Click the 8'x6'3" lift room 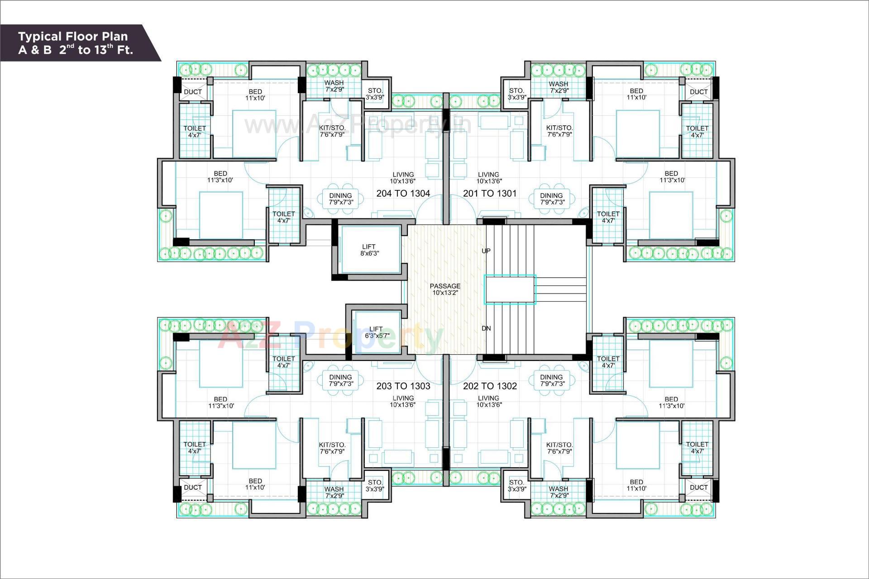[370, 250]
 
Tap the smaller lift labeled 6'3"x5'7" [377, 332]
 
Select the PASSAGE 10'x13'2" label [445, 289]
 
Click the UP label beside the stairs [486, 251]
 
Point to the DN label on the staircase [486, 328]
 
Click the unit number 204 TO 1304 [403, 194]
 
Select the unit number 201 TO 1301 [489, 194]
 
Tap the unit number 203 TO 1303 [403, 386]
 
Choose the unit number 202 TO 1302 [490, 386]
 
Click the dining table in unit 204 [340, 199]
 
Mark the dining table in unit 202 [551, 380]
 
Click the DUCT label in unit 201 [698, 92]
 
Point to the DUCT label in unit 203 [193, 488]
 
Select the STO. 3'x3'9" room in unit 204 [375, 94]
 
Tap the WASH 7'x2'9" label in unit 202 [558, 492]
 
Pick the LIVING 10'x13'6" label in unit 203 [403, 402]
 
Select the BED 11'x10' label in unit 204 [255, 95]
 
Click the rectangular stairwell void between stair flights [510, 289]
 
